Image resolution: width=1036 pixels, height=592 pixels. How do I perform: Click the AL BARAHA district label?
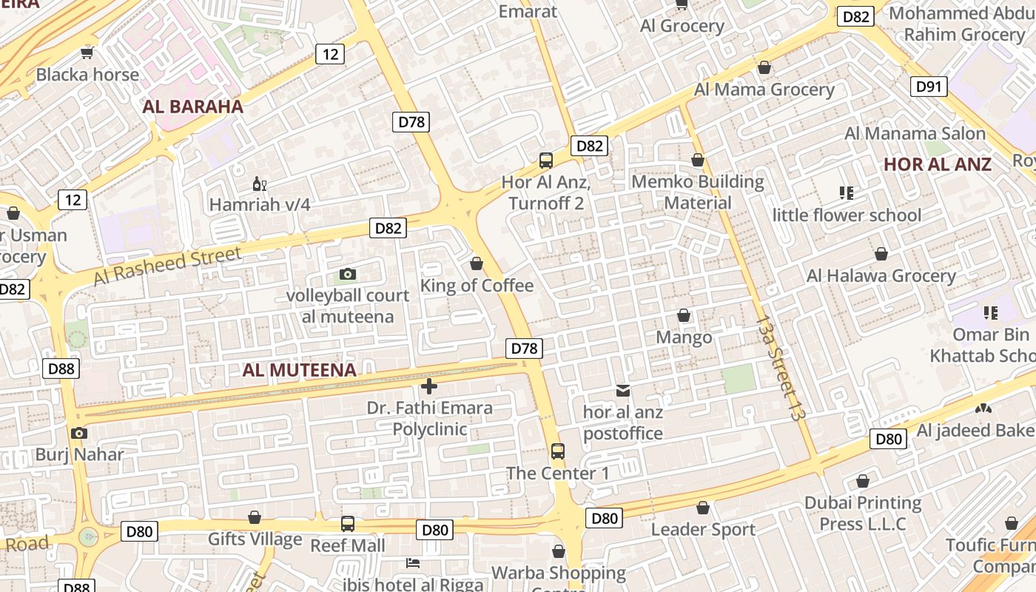(192, 107)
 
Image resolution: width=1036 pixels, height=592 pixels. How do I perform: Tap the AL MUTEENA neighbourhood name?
(299, 370)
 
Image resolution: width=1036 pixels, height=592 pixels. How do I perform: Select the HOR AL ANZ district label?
(938, 164)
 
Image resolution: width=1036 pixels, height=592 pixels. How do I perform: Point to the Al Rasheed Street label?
(168, 266)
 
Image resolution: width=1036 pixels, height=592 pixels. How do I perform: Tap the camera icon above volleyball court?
(347, 275)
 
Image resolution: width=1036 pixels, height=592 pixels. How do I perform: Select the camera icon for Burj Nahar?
(79, 434)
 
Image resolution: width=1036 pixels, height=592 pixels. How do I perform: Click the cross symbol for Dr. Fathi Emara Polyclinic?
(428, 386)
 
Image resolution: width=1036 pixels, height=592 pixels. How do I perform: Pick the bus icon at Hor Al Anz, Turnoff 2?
(546, 160)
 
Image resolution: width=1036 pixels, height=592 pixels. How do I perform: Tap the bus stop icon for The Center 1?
(558, 451)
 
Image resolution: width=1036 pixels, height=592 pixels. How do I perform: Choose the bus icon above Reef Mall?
(348, 524)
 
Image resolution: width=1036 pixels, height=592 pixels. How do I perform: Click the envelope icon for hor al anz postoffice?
(623, 390)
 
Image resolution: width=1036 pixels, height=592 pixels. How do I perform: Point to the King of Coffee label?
(477, 286)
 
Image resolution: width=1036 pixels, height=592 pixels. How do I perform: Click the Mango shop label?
(684, 337)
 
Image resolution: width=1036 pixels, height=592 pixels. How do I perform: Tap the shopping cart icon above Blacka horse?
(87, 53)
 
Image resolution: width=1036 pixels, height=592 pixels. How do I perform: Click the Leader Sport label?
(703, 530)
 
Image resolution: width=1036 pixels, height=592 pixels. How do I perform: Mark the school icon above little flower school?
(847, 194)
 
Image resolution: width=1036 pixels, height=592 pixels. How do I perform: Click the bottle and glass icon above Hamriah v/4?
(259, 184)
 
